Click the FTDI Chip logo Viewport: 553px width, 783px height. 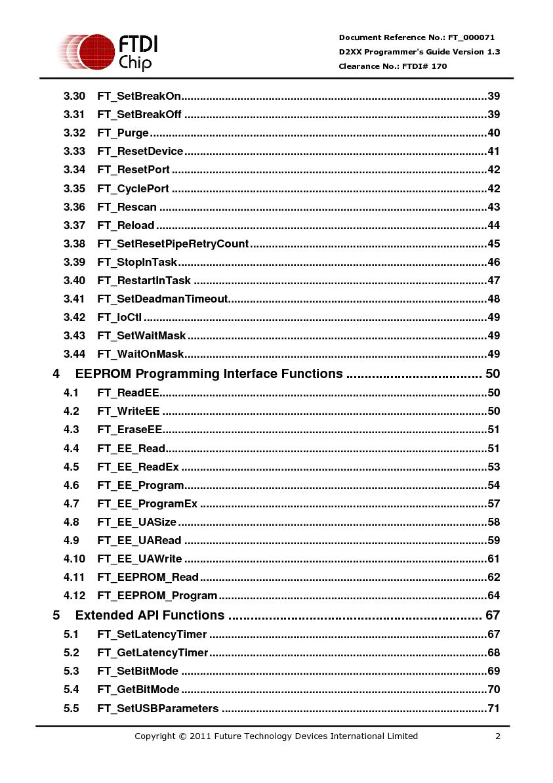pos(108,53)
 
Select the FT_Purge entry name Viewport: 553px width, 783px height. pos(123,133)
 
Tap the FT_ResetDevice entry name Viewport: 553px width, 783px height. pos(140,152)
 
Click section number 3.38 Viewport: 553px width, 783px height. pos(74,243)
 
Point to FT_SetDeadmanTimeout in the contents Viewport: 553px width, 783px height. pos(163,299)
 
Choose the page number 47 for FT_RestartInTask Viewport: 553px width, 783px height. pos(493,280)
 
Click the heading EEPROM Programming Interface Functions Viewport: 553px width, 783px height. pos(209,374)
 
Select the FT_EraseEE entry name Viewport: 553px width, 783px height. pos(130,430)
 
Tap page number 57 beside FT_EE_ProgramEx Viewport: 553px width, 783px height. pos(493,503)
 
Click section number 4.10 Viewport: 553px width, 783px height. pos(74,559)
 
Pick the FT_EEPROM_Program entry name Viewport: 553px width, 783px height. pos(157,595)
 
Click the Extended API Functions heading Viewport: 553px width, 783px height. pos(150,616)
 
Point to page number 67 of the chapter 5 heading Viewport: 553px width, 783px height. pos(492,616)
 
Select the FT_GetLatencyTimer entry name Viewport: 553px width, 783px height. pos(153,652)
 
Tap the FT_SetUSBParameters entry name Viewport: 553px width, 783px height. pos(158,708)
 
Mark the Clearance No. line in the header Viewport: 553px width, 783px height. pos(393,66)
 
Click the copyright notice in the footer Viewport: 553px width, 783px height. pos(276,736)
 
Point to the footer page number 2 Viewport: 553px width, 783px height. pos(498,736)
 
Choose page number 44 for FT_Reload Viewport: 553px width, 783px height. pos(493,225)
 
